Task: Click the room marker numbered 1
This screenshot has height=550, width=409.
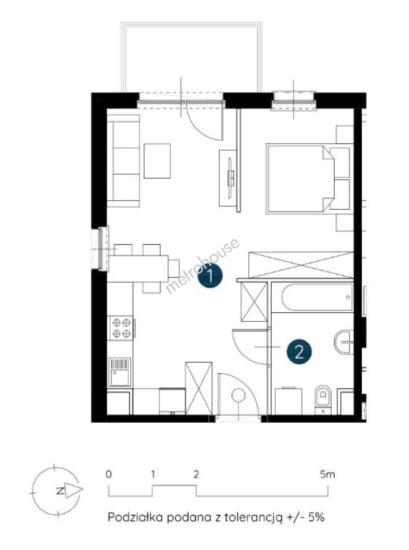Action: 210,276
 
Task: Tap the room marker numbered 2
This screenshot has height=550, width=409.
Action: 299,351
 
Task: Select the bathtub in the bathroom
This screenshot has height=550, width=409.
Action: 317,297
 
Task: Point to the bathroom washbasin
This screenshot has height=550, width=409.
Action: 344,342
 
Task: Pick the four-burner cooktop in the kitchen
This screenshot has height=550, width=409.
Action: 121,327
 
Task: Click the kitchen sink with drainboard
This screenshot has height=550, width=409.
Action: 120,371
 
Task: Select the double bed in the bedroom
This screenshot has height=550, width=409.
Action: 301,179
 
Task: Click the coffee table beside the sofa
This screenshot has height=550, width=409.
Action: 157,160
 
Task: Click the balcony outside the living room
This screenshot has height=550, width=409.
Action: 191,58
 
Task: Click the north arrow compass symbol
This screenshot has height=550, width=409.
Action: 57,490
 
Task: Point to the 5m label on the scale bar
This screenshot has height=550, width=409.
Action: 327,475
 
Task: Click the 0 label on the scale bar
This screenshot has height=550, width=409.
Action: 109,475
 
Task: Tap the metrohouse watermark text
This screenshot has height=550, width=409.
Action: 203,265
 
